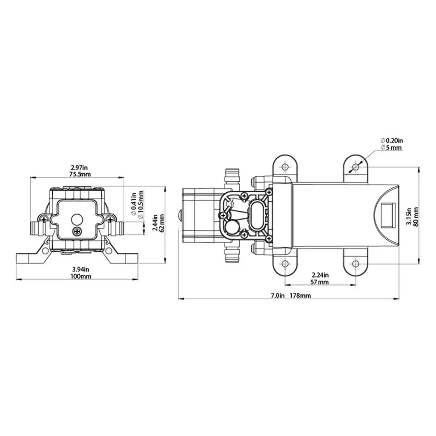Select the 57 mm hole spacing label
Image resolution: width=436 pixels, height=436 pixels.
tap(320, 282)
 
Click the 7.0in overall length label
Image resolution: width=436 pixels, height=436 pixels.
tap(277, 295)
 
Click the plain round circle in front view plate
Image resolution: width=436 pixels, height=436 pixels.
tap(77, 219)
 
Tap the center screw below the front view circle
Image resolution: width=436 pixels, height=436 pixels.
tap(77, 231)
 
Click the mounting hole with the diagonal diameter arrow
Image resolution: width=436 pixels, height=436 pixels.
tap(355, 167)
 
